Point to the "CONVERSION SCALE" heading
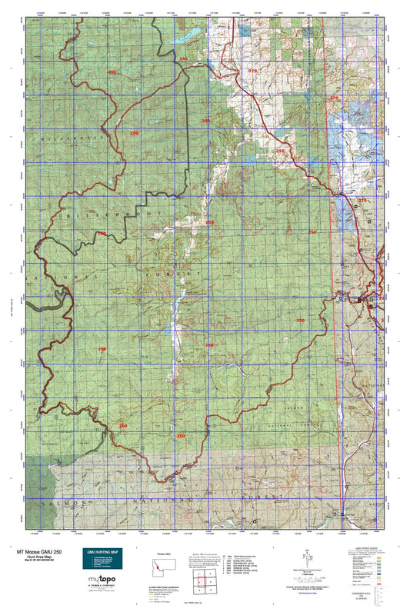pos(361,595)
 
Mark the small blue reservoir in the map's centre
pos(168,331)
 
